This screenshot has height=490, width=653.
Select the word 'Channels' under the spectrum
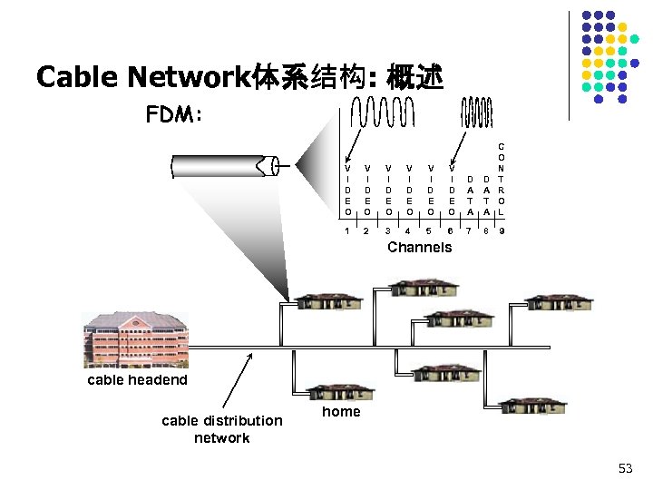(419, 248)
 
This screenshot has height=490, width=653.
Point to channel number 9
(502, 231)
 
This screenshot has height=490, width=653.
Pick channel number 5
(429, 231)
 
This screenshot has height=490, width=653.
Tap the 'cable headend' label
(137, 380)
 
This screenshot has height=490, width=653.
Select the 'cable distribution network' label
(221, 429)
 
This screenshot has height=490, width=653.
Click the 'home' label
(341, 412)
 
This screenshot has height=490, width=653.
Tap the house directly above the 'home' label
(340, 390)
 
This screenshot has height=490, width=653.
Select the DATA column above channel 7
(470, 195)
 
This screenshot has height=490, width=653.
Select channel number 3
(387, 231)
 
